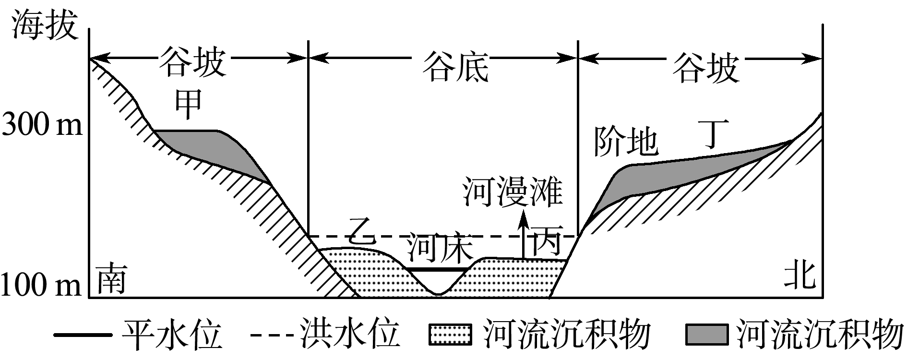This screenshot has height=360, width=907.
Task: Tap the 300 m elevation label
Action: (42, 126)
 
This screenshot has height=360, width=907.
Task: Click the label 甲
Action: (188, 104)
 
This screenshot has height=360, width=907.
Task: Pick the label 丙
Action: (546, 242)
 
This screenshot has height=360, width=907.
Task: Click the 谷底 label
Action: (455, 67)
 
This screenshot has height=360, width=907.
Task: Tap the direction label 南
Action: (112, 279)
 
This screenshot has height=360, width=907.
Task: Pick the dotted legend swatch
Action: (449, 335)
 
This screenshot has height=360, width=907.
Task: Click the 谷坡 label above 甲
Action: (192, 61)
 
